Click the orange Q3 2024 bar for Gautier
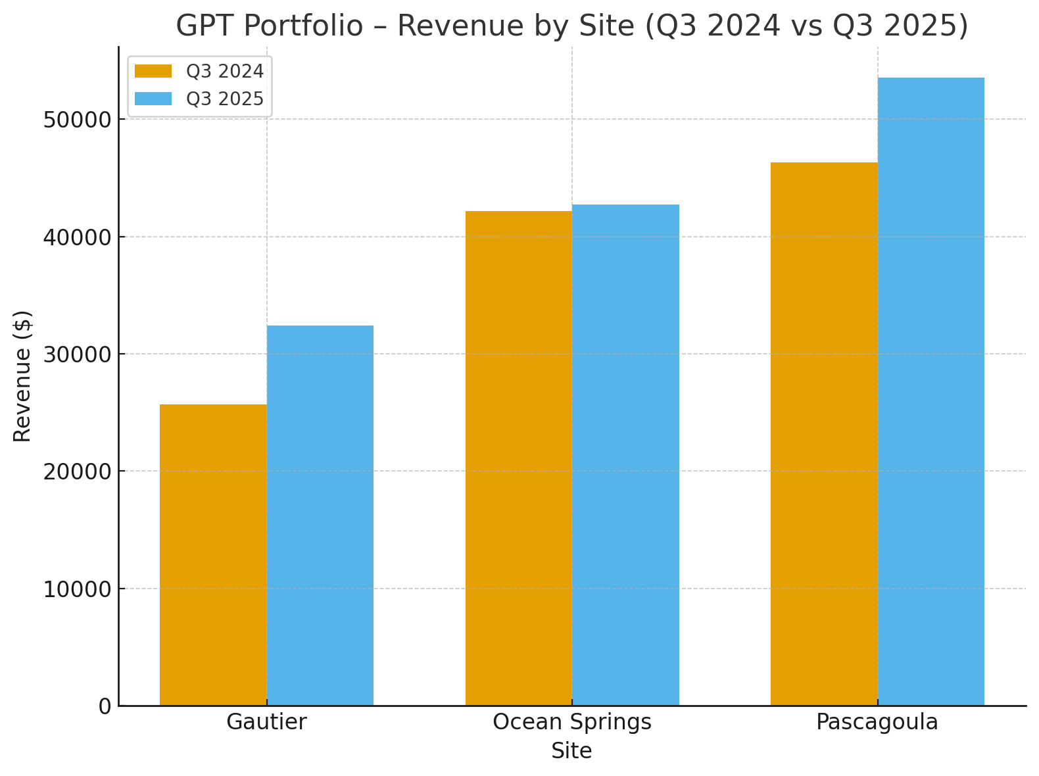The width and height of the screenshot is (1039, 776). [x=213, y=556]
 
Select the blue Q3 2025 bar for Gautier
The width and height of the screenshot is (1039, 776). [x=320, y=516]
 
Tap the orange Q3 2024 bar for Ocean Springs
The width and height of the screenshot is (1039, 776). [x=519, y=458]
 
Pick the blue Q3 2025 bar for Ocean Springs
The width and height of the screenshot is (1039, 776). [x=625, y=455]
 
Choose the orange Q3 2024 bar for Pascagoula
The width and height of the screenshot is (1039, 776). [x=824, y=434]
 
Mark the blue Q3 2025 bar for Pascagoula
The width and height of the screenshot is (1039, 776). [x=930, y=392]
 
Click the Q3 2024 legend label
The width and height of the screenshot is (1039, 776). [x=225, y=71]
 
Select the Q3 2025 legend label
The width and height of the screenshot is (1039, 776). [x=225, y=99]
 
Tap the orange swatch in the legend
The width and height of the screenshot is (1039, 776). [x=153, y=71]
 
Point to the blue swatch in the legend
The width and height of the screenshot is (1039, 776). [x=153, y=99]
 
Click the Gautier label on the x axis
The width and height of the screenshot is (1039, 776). [x=266, y=722]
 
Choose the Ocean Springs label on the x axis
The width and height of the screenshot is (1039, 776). [x=572, y=722]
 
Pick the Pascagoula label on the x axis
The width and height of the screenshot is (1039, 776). [x=877, y=722]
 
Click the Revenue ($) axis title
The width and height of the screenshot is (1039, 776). [x=22, y=376]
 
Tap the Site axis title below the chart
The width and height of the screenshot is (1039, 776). [x=571, y=751]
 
